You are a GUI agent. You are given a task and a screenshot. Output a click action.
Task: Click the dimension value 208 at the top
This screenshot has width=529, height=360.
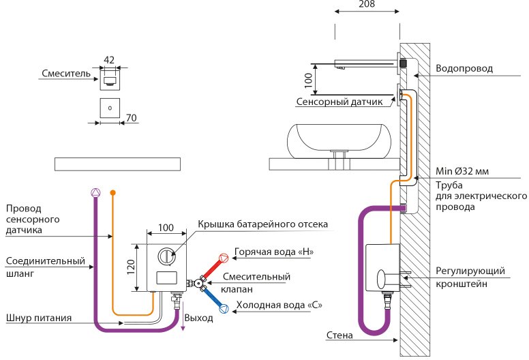(367, 3)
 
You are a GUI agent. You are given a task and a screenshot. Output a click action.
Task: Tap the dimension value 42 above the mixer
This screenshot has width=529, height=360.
(109, 60)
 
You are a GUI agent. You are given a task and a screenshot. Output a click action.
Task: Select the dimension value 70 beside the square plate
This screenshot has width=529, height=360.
(132, 118)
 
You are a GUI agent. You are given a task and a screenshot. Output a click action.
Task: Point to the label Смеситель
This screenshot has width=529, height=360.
(66, 73)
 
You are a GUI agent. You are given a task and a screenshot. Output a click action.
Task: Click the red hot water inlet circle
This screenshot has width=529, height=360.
(224, 258)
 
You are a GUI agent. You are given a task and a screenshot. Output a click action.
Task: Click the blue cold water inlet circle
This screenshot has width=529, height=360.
(224, 308)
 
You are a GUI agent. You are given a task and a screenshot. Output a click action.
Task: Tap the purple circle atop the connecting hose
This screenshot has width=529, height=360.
(96, 193)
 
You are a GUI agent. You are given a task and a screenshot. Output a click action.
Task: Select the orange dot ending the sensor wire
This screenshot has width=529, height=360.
(113, 193)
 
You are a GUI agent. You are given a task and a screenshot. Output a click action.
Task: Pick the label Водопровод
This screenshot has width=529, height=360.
(464, 68)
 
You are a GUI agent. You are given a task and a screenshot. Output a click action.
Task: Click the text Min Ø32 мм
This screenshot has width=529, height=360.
(462, 171)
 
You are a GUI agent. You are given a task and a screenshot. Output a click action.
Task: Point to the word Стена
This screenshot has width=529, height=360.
(339, 335)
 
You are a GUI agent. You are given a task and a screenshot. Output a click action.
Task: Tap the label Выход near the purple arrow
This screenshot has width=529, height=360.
(198, 318)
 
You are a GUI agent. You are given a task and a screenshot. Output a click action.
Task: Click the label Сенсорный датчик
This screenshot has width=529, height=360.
(339, 102)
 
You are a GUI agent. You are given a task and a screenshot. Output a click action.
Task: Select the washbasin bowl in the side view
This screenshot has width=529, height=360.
(339, 139)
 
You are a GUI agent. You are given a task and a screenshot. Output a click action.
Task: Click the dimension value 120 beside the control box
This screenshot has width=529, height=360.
(131, 267)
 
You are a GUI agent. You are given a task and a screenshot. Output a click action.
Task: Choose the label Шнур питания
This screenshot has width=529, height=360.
(39, 318)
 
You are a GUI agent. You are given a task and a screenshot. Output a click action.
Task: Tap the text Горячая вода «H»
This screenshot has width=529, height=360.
(274, 252)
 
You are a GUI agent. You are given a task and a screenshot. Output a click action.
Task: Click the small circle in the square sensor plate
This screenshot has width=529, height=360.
(110, 108)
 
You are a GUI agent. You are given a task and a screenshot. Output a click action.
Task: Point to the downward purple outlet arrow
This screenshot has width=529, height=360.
(183, 316)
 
